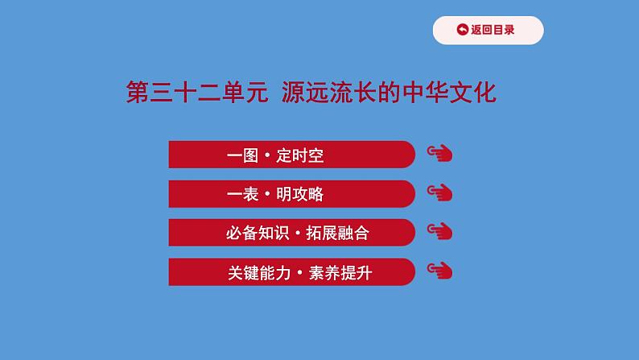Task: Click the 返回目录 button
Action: [488, 31]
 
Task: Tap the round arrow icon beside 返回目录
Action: [462, 31]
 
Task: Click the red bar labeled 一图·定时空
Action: [291, 155]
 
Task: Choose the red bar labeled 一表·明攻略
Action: [291, 194]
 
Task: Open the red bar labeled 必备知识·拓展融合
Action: [291, 233]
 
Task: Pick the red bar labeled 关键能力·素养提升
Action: [291, 272]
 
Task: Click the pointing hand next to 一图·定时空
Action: [439, 154]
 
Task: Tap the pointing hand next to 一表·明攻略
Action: [439, 192]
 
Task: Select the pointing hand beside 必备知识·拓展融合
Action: [439, 232]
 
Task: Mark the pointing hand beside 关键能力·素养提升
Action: [439, 271]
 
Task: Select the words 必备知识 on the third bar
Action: [254, 234]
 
